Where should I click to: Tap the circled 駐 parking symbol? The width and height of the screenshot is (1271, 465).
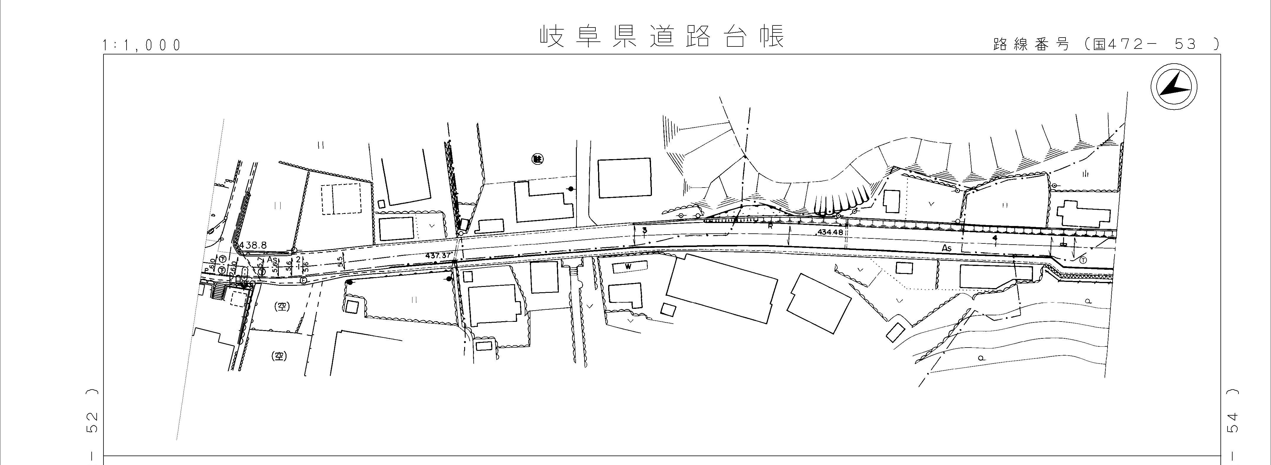tap(537, 159)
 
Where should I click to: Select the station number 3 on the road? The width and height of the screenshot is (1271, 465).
tap(645, 230)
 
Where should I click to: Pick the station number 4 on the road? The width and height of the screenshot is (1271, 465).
tap(995, 238)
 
